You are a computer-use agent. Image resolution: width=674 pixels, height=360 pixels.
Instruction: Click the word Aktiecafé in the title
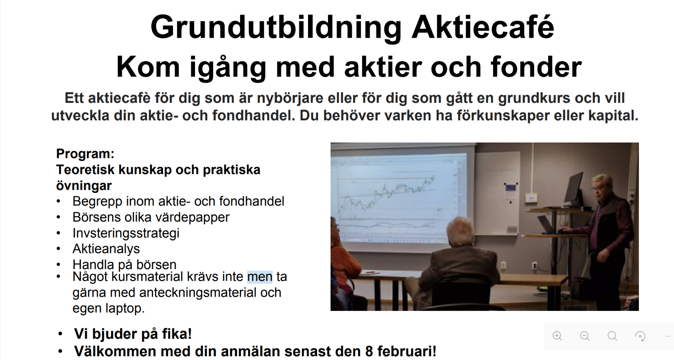tap(483, 27)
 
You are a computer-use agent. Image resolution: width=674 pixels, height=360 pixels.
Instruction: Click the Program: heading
tap(85, 154)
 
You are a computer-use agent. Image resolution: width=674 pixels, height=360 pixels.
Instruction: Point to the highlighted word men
tap(260, 277)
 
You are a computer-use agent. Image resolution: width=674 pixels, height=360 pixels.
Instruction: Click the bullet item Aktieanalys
tap(106, 249)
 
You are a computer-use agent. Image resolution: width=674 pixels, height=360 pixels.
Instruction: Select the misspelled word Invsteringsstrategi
tap(126, 233)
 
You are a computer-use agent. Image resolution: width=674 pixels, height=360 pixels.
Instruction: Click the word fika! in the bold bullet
tap(177, 333)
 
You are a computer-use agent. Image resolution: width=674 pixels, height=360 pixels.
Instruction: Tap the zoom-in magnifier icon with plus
tap(557, 336)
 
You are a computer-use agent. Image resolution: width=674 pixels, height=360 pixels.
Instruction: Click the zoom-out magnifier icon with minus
tap(585, 336)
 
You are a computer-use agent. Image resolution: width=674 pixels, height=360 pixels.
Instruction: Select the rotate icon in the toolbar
tap(640, 336)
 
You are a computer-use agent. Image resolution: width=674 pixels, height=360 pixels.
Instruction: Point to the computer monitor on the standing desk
tap(574, 187)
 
